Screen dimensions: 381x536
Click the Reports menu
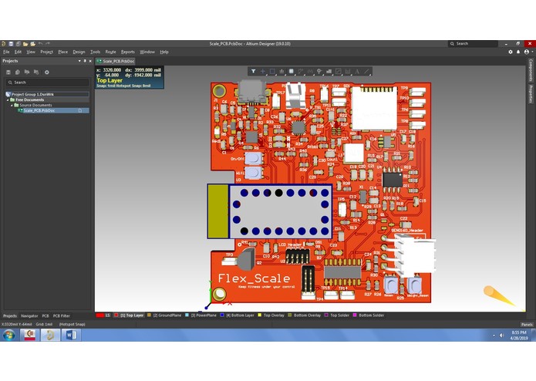click(127, 52)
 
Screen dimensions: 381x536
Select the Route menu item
click(110, 52)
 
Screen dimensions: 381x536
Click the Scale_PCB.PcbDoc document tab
click(118, 60)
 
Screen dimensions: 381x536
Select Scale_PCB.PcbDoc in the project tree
click(39, 110)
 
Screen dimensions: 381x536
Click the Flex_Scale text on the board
click(254, 278)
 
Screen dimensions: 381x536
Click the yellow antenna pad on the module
click(219, 211)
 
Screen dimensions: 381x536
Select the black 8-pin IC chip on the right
click(393, 180)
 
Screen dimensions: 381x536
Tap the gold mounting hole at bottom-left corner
click(220, 294)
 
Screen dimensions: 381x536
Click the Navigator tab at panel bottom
click(29, 315)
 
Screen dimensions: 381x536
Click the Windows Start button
click(7, 335)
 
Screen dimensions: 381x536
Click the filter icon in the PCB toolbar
click(252, 71)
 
